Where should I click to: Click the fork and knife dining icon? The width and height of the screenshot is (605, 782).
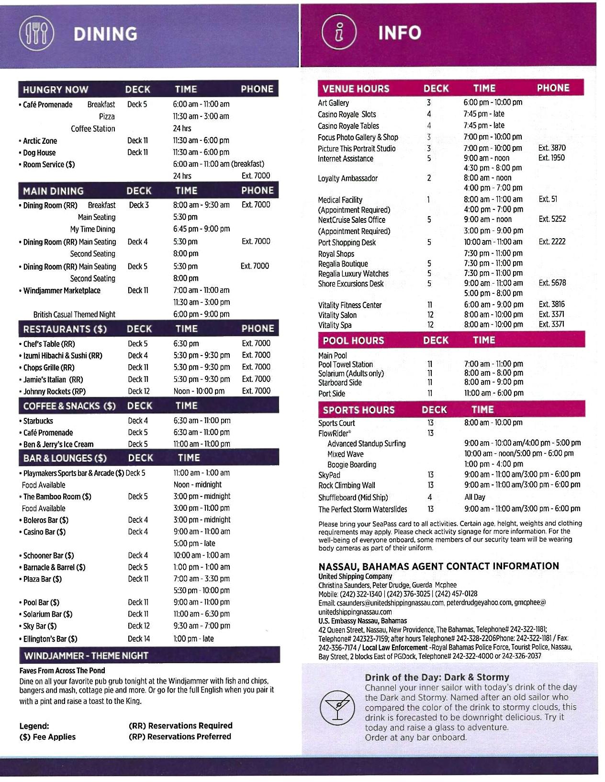click(x=36, y=33)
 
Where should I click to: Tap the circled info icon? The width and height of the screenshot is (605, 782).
click(x=339, y=32)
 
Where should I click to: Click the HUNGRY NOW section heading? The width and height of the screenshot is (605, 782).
click(x=56, y=90)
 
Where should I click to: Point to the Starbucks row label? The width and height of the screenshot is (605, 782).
click(x=38, y=421)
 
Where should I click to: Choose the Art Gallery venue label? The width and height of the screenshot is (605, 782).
click(x=334, y=103)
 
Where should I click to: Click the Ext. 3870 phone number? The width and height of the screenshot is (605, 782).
click(x=551, y=148)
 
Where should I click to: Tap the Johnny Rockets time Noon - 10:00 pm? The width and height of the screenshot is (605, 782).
click(x=199, y=391)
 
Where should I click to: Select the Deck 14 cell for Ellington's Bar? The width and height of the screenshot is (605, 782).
click(x=139, y=638)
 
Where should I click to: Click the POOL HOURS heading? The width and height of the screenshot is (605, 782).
click(x=353, y=341)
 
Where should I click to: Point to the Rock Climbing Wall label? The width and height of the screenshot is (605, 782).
click(x=347, y=485)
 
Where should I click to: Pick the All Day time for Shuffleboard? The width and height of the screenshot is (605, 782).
click(x=474, y=497)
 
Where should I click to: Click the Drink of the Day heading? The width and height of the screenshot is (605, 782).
click(x=437, y=677)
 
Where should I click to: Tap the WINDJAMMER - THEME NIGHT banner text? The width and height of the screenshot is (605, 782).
click(x=86, y=655)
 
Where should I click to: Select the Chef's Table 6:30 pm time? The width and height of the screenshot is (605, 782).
click(x=186, y=344)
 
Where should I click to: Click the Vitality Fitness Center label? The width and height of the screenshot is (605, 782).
click(x=350, y=305)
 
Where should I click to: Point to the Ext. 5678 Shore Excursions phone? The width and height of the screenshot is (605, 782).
click(x=552, y=283)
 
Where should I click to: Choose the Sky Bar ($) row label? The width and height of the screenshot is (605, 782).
click(x=40, y=626)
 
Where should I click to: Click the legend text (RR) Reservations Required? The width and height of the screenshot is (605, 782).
click(x=180, y=725)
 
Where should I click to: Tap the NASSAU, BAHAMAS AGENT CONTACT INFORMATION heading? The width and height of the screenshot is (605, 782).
click(x=438, y=566)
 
